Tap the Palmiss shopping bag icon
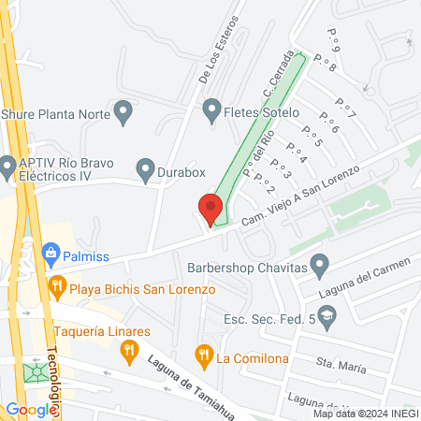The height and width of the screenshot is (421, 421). (51, 251)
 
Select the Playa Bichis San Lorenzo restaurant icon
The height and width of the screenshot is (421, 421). (57, 288)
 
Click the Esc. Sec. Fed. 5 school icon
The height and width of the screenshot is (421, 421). (326, 320)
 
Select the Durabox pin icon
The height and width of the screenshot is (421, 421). (145, 169)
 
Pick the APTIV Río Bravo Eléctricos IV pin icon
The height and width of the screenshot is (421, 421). (8, 163)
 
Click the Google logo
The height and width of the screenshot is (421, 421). (31, 409)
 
